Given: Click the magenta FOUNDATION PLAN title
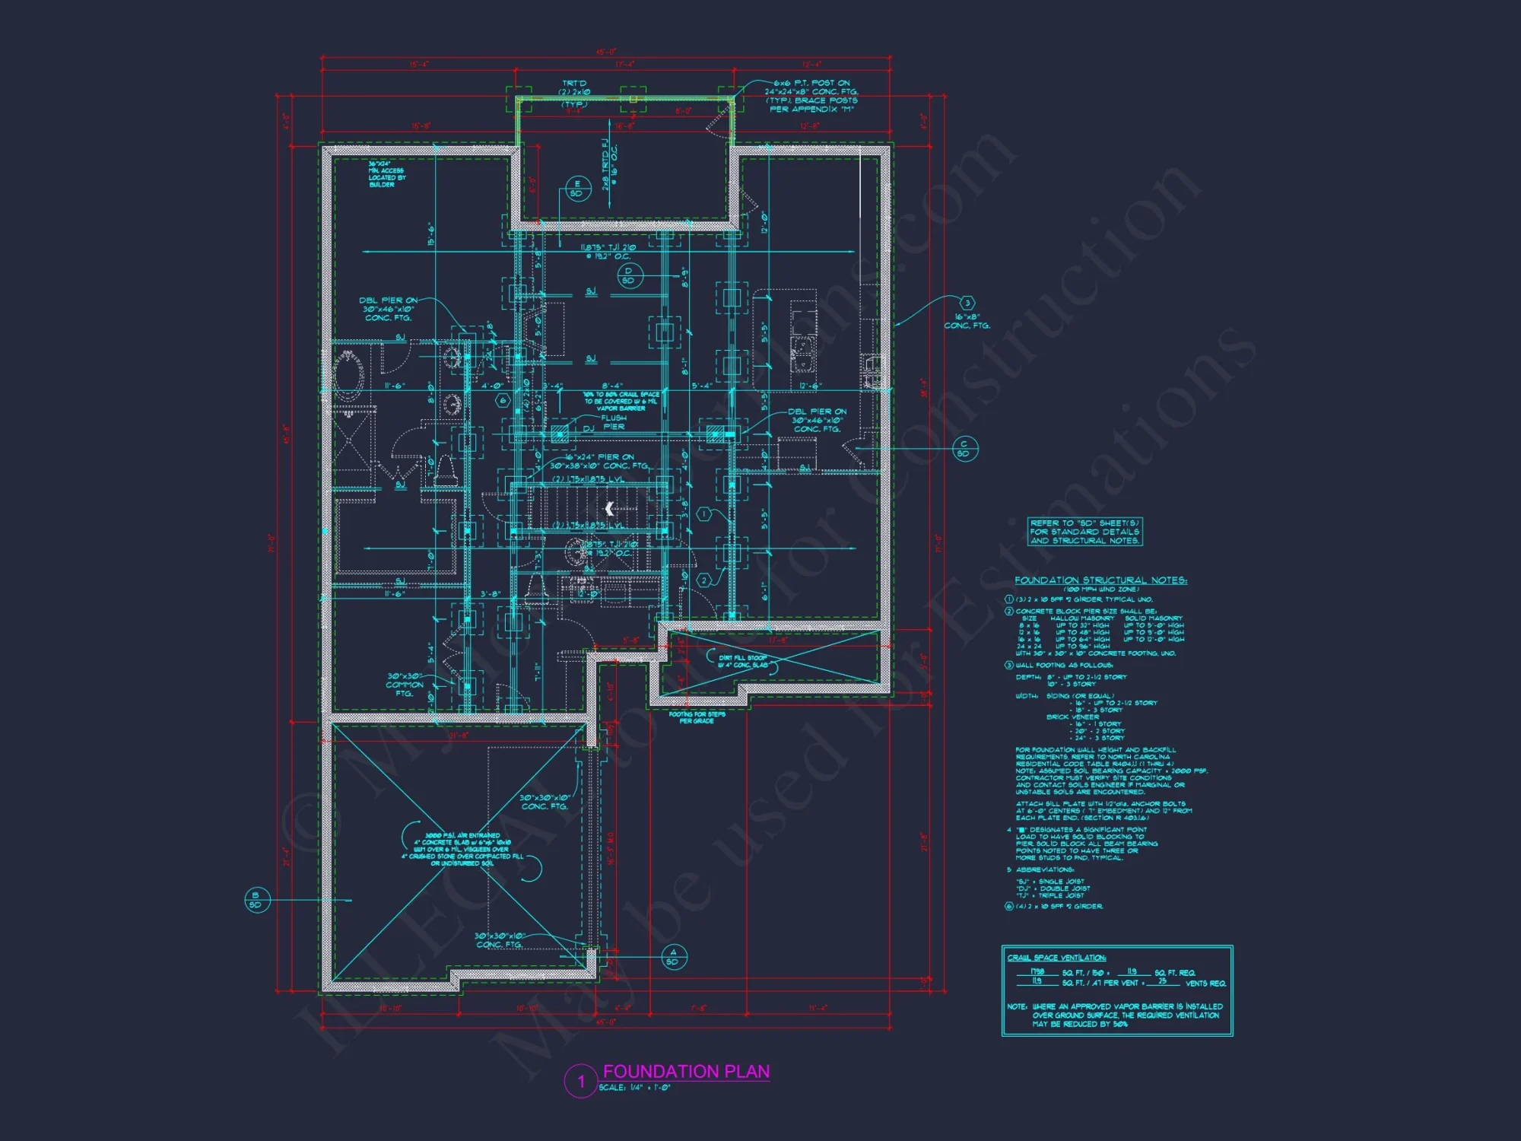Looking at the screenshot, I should click(686, 1071).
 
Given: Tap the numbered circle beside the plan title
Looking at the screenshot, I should click(581, 1081).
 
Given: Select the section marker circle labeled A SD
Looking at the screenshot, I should click(673, 957).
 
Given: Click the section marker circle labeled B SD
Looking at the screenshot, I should click(256, 900).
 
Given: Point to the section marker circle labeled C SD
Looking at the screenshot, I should click(964, 449).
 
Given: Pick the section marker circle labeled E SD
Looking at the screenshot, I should click(577, 189).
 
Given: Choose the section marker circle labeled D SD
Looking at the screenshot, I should click(628, 275).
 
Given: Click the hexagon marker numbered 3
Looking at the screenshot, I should click(967, 304).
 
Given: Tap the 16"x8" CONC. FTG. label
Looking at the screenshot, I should click(967, 321).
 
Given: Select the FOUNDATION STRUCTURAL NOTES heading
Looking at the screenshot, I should click(1100, 580).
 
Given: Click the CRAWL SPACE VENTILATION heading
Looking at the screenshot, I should click(1056, 958).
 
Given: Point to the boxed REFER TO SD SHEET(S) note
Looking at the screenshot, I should click(1084, 532).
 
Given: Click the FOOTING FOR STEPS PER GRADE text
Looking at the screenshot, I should click(697, 717).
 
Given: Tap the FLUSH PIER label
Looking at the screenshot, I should click(614, 422).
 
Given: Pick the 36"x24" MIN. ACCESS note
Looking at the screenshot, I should click(387, 174).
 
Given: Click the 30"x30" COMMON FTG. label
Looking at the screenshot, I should click(404, 685).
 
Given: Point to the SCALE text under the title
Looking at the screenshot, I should click(634, 1088).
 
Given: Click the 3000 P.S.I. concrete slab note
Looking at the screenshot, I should click(462, 849).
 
